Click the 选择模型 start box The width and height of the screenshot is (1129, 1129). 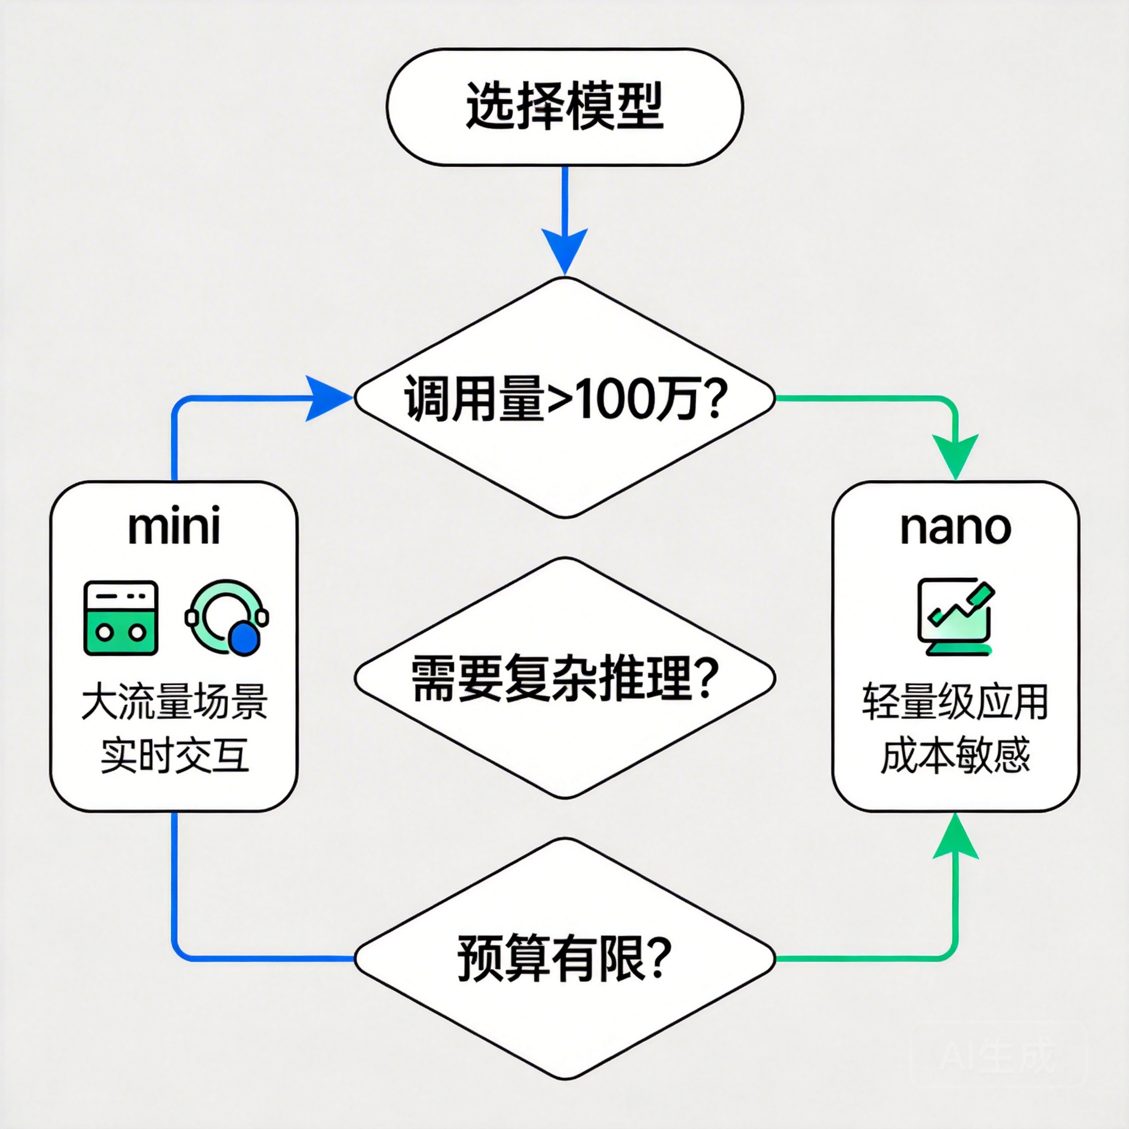click(x=564, y=107)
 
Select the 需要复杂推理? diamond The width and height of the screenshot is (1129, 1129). click(x=564, y=678)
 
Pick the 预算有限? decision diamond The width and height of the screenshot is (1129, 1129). click(x=564, y=958)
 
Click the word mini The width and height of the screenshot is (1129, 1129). click(x=174, y=526)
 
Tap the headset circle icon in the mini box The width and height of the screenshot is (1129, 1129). click(x=227, y=617)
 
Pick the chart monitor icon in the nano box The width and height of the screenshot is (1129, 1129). click(x=955, y=616)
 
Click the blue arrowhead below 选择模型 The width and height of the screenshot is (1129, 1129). click(x=564, y=249)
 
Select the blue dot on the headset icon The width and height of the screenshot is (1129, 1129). click(x=244, y=639)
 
